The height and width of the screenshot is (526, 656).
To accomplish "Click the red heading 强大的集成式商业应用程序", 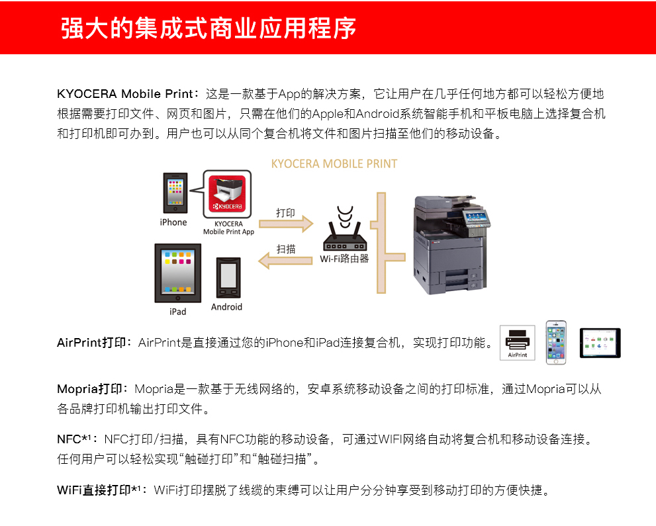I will (x=209, y=28).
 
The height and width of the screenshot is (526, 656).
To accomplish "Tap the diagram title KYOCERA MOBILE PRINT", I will (x=334, y=163).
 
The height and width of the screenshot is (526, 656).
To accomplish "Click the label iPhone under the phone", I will (x=173, y=222).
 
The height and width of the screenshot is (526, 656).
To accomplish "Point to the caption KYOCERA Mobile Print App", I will (x=228, y=228).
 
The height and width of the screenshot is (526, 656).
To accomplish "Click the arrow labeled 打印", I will (x=285, y=224).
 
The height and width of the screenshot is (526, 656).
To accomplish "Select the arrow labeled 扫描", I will (x=285, y=259).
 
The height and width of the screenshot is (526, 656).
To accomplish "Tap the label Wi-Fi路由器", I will (x=344, y=259).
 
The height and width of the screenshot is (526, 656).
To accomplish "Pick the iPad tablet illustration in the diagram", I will (x=177, y=273).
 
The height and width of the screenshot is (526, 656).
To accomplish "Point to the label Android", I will (x=226, y=307).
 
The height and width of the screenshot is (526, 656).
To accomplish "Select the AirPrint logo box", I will (x=517, y=343).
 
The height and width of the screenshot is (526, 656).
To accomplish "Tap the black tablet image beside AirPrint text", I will (x=600, y=343).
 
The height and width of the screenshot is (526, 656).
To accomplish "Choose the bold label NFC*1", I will (x=77, y=439).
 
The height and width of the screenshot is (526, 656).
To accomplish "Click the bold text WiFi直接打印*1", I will (x=101, y=490).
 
